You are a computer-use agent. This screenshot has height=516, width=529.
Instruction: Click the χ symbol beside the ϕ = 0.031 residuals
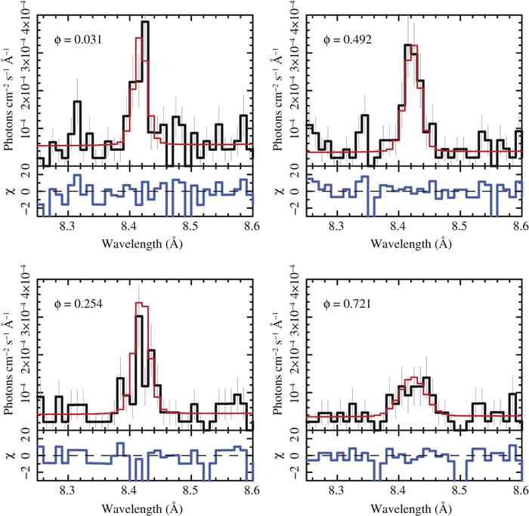pos(10,191)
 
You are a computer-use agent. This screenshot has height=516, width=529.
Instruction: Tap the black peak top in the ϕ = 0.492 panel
pos(409,45)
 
